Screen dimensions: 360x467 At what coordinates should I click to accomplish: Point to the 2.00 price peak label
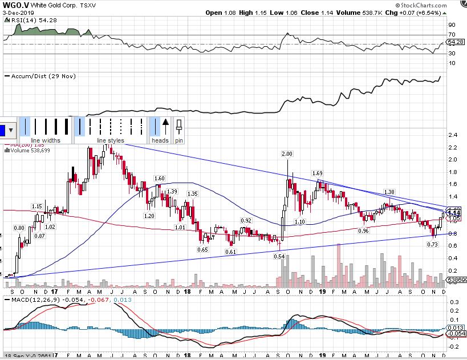pos(287,154)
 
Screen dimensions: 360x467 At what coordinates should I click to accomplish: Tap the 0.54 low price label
pos(279,256)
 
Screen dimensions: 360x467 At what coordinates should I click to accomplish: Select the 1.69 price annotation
pos(318,173)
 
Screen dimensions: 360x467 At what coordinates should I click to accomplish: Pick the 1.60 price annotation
pos(159,179)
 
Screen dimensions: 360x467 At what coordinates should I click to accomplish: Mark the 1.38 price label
pos(390,192)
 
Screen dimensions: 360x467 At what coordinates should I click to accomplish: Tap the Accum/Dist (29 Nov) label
pos(43,76)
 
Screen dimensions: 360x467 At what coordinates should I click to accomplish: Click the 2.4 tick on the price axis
pos(454,135)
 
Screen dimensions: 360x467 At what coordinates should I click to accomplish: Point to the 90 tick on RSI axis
pos(452,25)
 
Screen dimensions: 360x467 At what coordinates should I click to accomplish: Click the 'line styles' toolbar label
pos(110,140)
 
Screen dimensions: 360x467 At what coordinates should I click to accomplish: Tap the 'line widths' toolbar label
pos(45,140)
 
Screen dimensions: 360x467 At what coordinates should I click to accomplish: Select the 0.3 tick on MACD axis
pos(454,302)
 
